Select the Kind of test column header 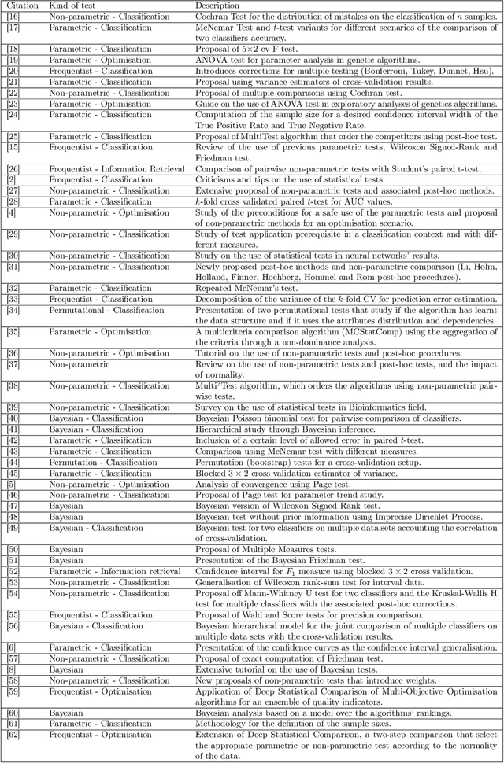click(x=75, y=6)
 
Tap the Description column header click(x=218, y=6)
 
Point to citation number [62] click(x=13, y=744)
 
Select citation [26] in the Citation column click(x=13, y=169)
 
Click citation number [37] click(x=13, y=364)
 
